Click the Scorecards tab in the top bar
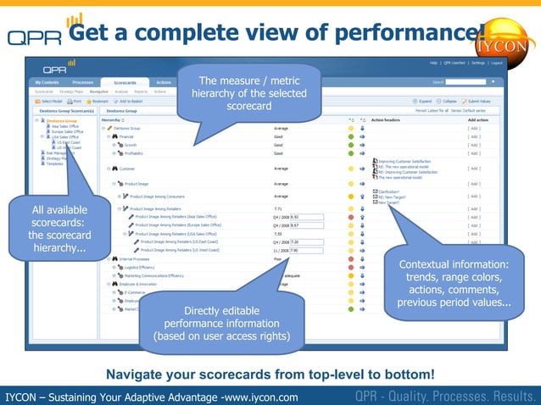coord(125,82)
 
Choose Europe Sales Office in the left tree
coord(67,131)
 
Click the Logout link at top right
coord(496,63)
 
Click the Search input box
coord(459,82)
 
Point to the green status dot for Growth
coord(351,145)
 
